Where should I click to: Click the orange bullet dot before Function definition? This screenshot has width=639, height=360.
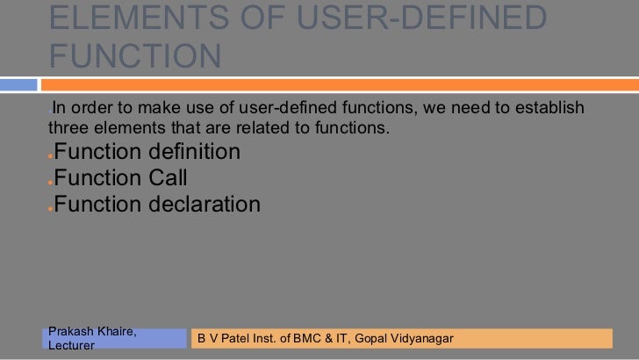coord(50,156)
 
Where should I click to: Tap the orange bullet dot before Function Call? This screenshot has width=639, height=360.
coord(50,183)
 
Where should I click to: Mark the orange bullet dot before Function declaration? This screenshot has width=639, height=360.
coord(50,209)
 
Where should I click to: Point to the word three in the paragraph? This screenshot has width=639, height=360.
coord(67,130)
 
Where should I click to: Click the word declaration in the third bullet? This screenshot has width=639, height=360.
coord(207,205)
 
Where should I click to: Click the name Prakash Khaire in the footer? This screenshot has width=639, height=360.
coord(91,331)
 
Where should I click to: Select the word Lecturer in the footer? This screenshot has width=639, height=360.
coord(72,346)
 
